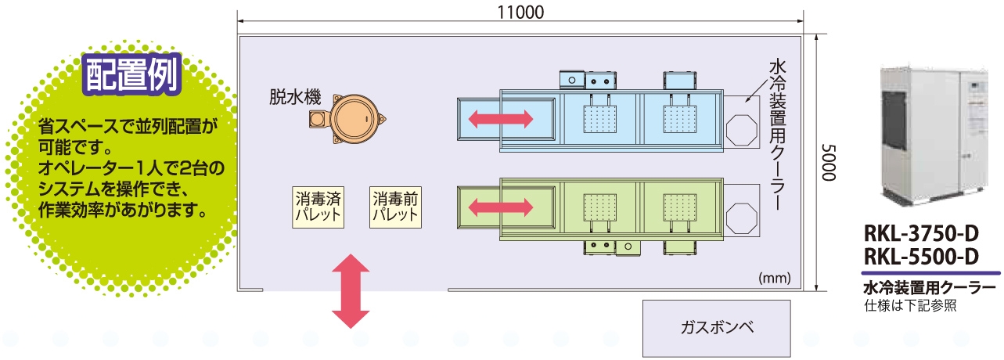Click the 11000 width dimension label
(x=520, y=13)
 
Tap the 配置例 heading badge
(x=132, y=76)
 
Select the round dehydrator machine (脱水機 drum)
(x=355, y=120)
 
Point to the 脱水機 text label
(x=295, y=97)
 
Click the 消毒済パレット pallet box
(x=318, y=207)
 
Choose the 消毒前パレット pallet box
(x=395, y=207)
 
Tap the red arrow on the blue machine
(x=501, y=119)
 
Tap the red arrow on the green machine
(x=501, y=207)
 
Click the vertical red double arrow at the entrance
(x=350, y=291)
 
